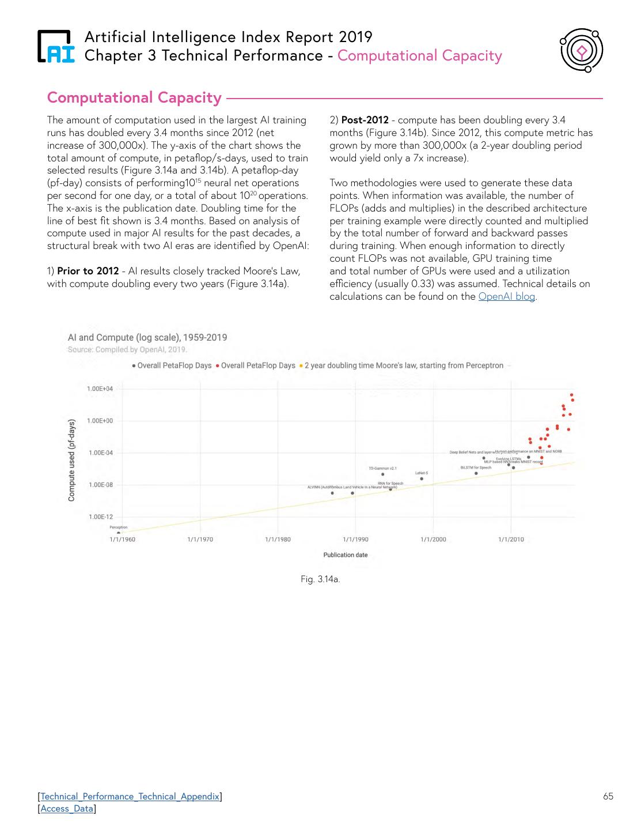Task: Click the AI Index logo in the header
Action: point(56,46)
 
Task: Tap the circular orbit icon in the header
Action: point(581,51)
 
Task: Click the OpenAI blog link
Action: point(506,297)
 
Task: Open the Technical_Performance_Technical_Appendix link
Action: point(130,797)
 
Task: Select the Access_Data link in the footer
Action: point(67,809)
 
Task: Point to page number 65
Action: point(608,797)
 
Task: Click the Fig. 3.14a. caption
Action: point(320,579)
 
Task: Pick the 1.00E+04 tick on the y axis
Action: point(100,389)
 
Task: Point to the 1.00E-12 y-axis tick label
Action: point(100,517)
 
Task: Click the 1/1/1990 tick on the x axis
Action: point(355,539)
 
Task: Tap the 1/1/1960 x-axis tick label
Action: point(122,539)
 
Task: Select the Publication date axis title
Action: point(346,555)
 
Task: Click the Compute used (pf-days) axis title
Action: point(72,460)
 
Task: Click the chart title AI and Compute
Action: point(147,338)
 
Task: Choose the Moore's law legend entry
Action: point(404,365)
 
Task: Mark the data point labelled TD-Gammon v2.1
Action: point(383,474)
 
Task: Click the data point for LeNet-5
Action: point(422,478)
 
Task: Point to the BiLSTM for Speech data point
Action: point(476,473)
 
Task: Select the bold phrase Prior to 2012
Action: point(88,271)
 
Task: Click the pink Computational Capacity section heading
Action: point(134,98)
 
